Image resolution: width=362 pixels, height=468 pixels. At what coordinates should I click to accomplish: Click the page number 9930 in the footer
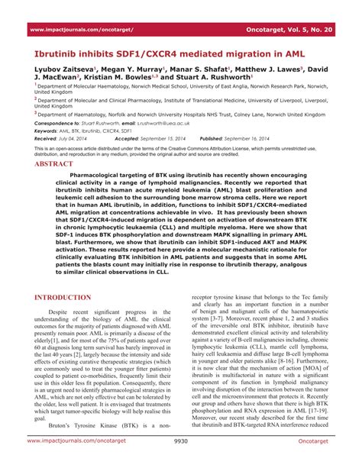click(x=181, y=462)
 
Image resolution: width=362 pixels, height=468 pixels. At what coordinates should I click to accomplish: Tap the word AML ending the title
click(x=301, y=55)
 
